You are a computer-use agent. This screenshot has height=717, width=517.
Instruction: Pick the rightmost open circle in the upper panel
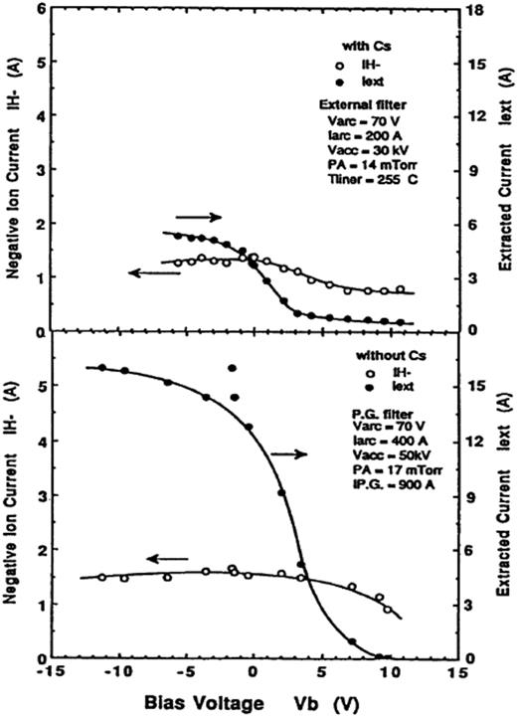click(x=401, y=289)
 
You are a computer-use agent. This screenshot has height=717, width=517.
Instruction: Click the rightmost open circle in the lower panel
click(x=388, y=609)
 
